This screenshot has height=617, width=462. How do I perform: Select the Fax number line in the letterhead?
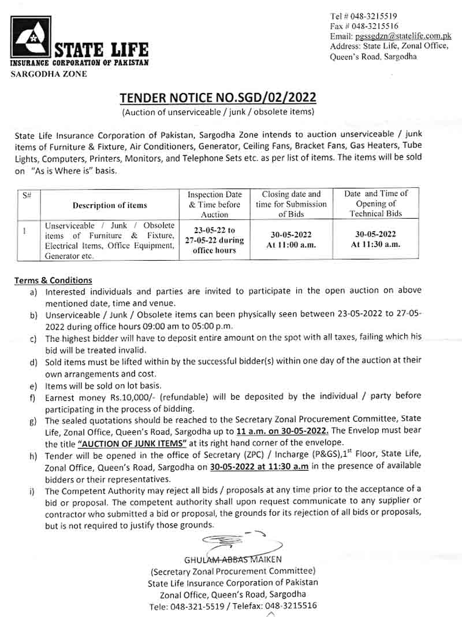(364, 26)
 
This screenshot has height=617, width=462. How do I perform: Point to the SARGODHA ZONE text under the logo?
(49, 74)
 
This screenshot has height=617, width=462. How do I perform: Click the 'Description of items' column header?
(110, 205)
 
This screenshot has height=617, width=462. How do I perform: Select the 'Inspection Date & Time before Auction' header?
(214, 204)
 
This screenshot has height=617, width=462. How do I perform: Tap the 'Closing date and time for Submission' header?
(291, 204)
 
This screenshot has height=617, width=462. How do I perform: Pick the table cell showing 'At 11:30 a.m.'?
(375, 244)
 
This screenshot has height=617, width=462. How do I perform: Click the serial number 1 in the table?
(25, 231)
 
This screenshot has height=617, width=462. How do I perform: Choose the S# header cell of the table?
(27, 195)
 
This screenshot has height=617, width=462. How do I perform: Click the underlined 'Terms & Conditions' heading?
(53, 280)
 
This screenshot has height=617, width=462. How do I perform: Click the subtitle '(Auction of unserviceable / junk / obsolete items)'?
(218, 111)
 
